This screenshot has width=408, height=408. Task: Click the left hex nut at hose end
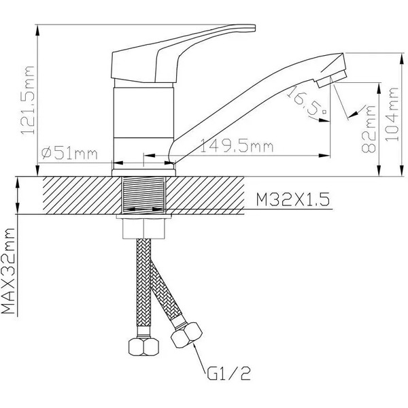tap(143, 347)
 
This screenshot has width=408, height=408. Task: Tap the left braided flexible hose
tap(143, 286)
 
